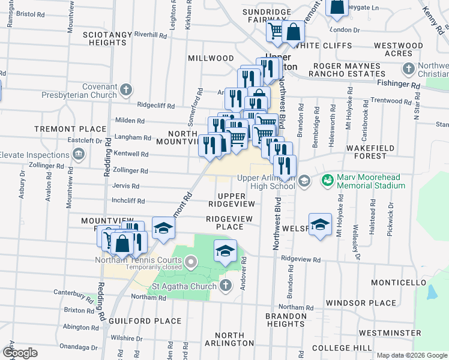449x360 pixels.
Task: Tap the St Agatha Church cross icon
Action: click(x=225, y=285)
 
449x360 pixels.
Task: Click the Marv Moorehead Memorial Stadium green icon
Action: click(x=327, y=179)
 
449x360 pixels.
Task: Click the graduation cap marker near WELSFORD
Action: click(x=321, y=224)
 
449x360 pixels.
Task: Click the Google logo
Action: click(x=19, y=353)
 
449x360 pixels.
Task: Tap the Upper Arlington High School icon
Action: click(x=304, y=180)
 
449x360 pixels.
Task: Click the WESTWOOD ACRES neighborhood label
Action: click(x=398, y=49)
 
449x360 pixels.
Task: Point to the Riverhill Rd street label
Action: click(x=150, y=35)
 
